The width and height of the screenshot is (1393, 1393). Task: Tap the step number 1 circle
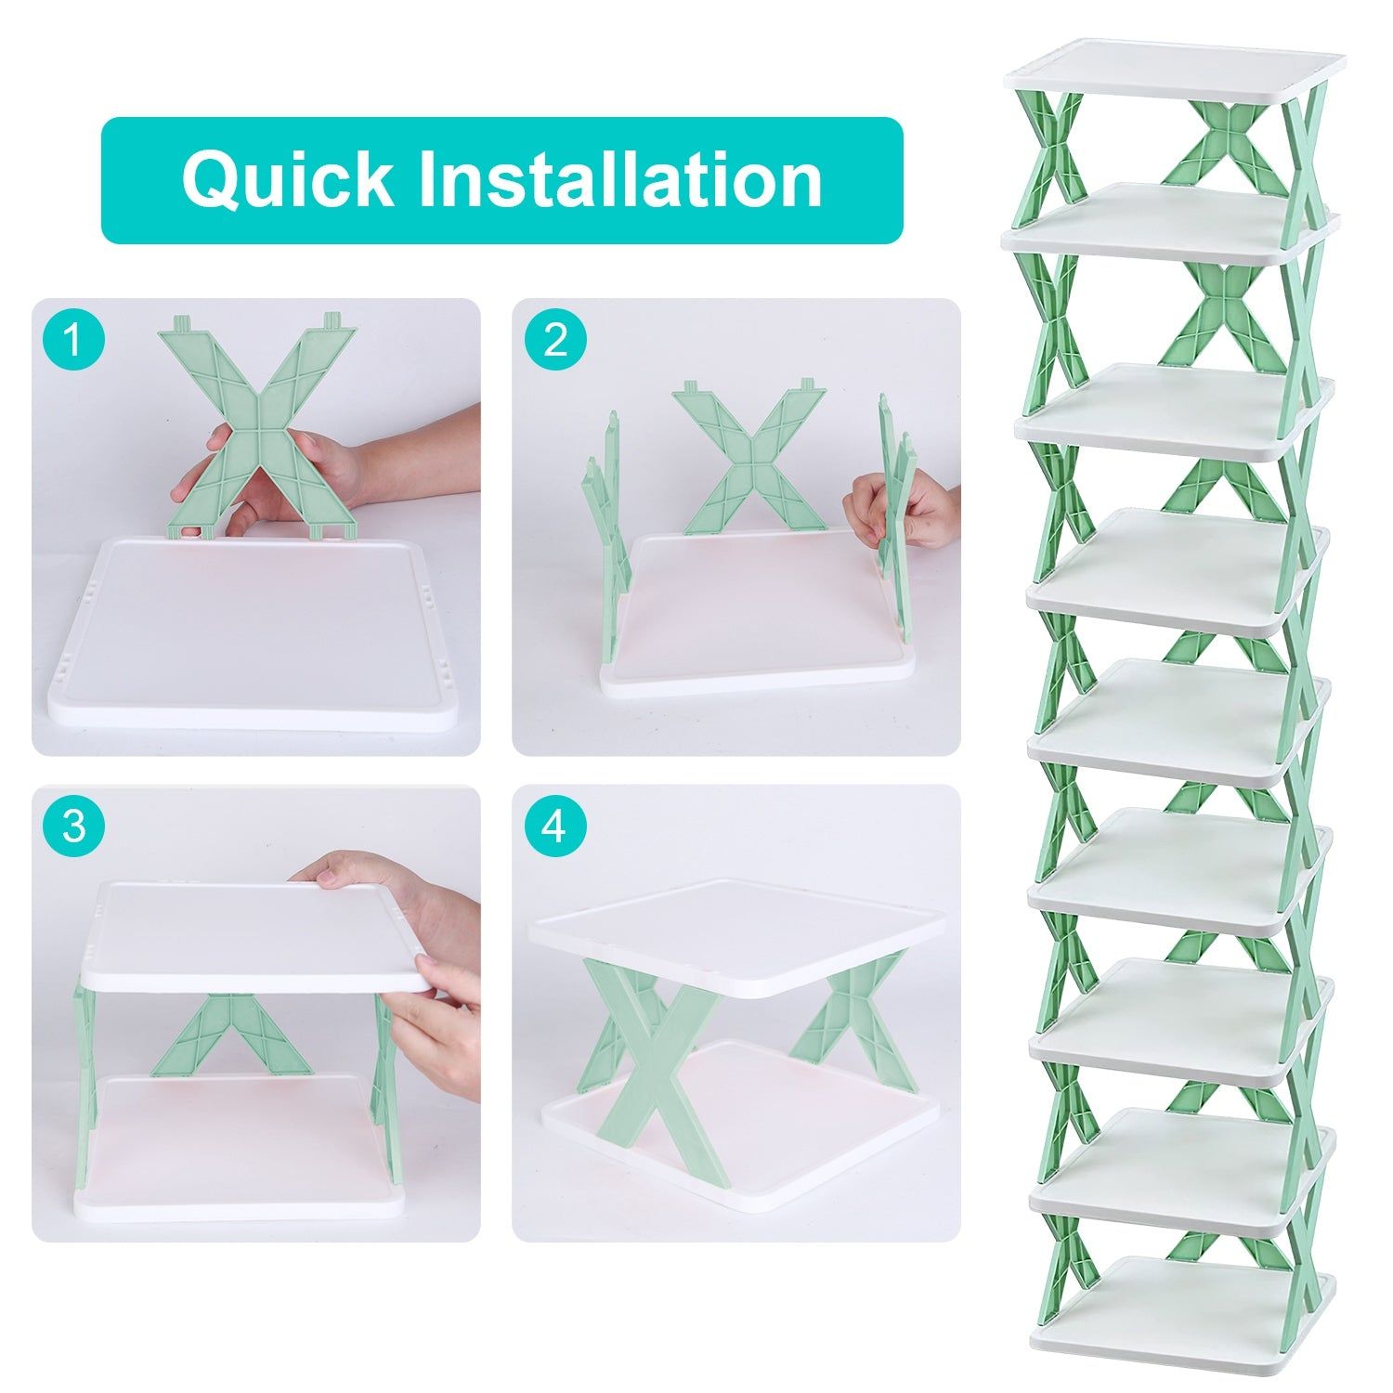(x=74, y=341)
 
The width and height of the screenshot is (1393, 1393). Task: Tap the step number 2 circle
(x=555, y=341)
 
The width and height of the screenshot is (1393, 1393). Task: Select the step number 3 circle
(x=74, y=826)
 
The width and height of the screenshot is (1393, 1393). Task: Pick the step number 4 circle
(x=555, y=826)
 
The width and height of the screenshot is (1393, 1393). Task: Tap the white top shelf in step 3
(x=251, y=933)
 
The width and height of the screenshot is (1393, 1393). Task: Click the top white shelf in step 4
(x=738, y=933)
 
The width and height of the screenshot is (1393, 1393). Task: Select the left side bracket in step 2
(x=608, y=529)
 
